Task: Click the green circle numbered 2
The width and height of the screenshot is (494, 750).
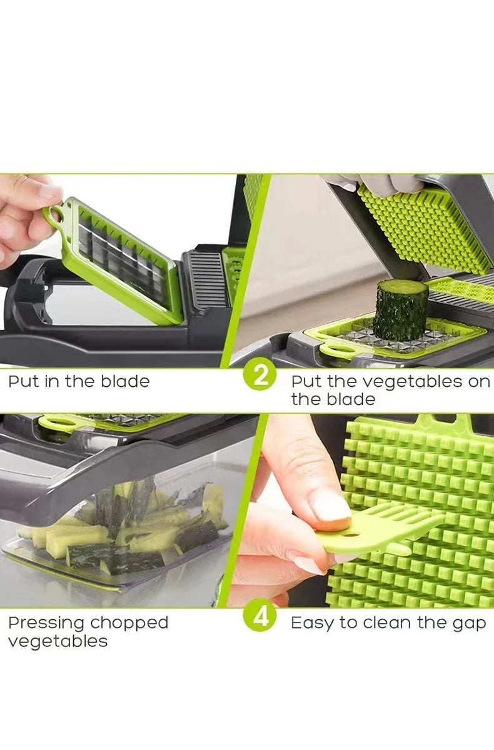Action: tap(260, 376)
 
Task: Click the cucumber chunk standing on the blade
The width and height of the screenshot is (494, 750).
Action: tap(400, 310)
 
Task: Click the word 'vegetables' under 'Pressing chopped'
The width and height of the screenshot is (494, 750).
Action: tap(58, 642)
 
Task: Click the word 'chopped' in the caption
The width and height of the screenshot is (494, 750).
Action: tap(129, 624)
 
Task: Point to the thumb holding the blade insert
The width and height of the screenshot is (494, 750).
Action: tap(38, 191)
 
